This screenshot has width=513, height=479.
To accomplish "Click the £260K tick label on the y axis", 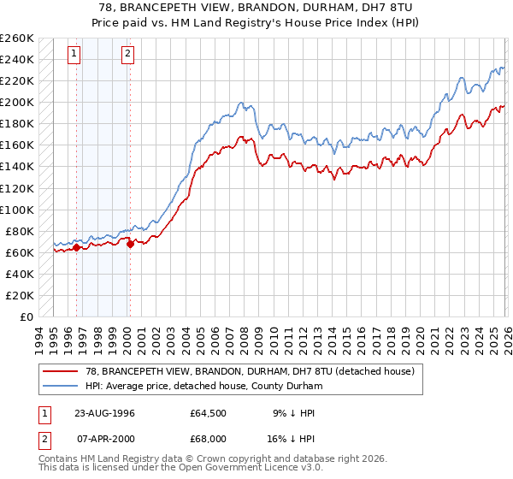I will [17, 38].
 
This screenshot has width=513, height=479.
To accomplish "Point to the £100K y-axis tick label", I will [17, 210].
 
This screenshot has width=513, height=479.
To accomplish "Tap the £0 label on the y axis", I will [27, 316].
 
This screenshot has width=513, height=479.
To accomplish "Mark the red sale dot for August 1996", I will [76, 248].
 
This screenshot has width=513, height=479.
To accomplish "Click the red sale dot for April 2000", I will [130, 244].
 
